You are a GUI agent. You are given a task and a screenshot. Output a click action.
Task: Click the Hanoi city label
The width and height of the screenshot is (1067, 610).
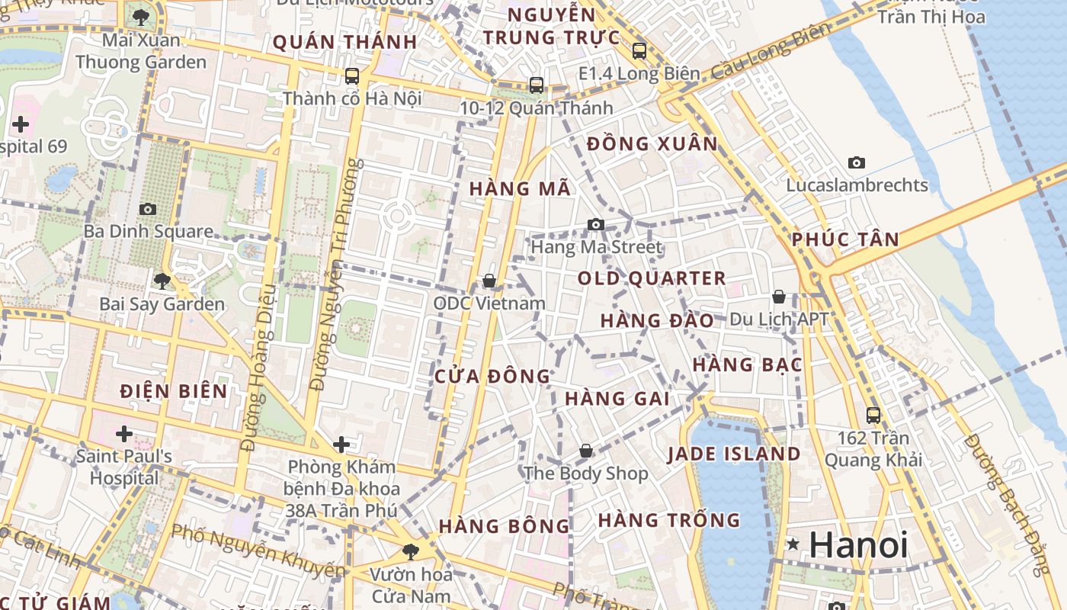pos(858,544)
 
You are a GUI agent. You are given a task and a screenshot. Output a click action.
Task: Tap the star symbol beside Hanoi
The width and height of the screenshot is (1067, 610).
pos(793,544)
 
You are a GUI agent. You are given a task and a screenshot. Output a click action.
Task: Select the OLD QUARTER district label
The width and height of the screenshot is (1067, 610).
pos(652,278)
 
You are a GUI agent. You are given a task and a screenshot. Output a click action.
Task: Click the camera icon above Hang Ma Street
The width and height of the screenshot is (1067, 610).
pos(596,224)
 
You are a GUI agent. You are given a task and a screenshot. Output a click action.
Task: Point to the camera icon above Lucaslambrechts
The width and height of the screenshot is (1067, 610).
pos(857,162)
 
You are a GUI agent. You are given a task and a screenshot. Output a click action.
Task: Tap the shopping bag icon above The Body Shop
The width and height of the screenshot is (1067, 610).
pos(585,451)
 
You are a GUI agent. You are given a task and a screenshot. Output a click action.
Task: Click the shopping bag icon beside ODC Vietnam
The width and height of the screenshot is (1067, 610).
pos(489,281)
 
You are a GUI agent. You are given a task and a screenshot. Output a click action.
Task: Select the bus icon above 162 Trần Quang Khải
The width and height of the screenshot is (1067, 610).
pos(873,416)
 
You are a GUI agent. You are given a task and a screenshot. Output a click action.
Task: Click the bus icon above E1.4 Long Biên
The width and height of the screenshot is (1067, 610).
pos(639,51)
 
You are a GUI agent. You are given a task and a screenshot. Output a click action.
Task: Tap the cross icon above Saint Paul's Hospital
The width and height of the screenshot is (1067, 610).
pos(123,434)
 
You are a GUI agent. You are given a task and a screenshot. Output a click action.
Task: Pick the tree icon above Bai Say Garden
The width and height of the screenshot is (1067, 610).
pos(162,281)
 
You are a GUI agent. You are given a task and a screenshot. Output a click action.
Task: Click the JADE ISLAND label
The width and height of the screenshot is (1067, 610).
pos(734,454)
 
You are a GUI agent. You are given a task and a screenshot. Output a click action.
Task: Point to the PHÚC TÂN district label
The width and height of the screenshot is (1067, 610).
pos(845,239)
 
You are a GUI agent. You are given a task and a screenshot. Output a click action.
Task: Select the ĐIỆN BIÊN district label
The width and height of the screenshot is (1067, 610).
pos(174,392)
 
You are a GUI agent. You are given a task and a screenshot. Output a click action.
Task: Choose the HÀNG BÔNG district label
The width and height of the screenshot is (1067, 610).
pos(504,526)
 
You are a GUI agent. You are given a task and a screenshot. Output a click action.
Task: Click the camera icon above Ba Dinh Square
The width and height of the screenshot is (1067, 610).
pos(148,209)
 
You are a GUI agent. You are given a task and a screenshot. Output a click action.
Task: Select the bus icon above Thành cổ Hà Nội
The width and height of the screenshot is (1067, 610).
pos(351,75)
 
